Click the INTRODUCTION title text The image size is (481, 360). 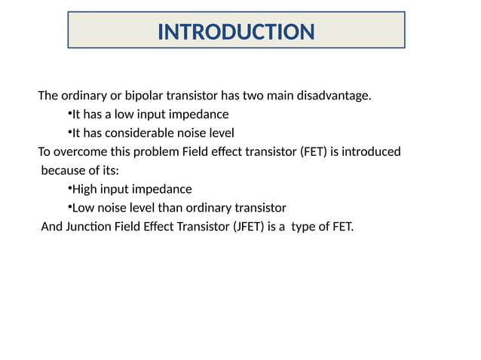pos(236,32)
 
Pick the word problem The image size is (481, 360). pos(158,152)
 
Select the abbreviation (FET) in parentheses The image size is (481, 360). pos(314,152)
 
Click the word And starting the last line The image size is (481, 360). pos(51,226)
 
